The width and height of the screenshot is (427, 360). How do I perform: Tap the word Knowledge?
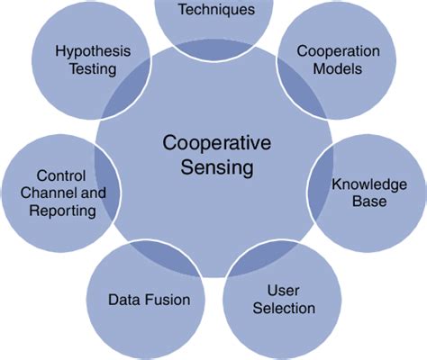tap(370, 184)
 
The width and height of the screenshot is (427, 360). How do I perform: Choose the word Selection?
tap(278, 309)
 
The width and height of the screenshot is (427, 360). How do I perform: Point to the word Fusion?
tap(168, 299)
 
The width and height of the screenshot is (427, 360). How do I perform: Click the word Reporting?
tap(60, 211)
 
